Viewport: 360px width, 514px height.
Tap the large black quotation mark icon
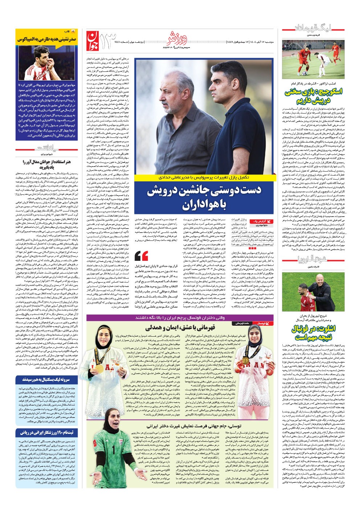point(141,255)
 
